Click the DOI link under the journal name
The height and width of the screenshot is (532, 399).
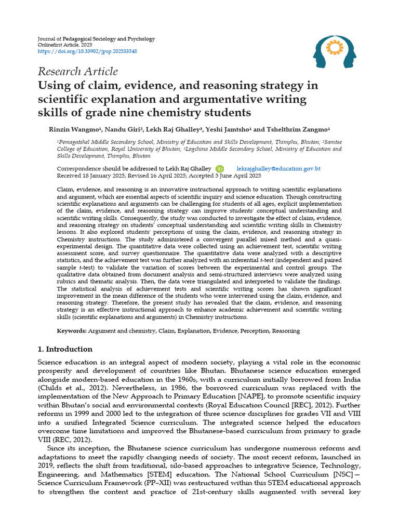pyautogui.click(x=88, y=52)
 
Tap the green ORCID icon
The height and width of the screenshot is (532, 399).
pyautogui.click(x=220, y=169)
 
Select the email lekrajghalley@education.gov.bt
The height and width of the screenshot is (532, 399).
pyautogui.click(x=278, y=169)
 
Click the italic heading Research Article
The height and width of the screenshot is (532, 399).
pyautogui.click(x=78, y=72)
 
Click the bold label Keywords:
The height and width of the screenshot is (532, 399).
pyautogui.click(x=72, y=331)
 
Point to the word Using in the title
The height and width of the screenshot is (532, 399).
pyautogui.click(x=54, y=85)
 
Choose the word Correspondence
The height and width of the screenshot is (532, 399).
pyautogui.click(x=80, y=169)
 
